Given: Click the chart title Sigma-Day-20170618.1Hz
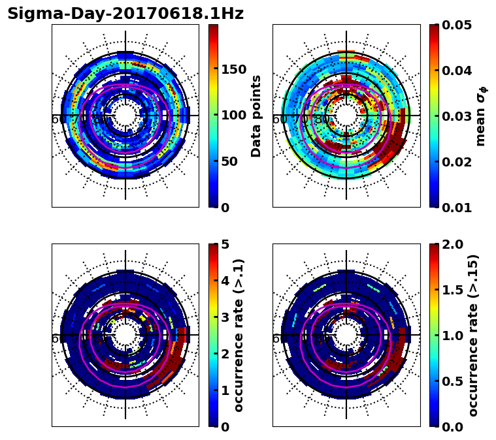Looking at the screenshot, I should click(x=125, y=14).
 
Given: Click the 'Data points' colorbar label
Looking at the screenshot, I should click(x=257, y=116).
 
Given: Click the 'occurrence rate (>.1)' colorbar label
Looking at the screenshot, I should click(x=239, y=335).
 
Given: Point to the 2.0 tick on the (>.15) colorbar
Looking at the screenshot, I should click(x=454, y=244).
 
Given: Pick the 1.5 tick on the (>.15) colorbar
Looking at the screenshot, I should click(x=454, y=290).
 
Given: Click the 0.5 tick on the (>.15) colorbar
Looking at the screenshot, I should click(x=454, y=381).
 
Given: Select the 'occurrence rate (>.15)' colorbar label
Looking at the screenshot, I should click(x=473, y=335).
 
